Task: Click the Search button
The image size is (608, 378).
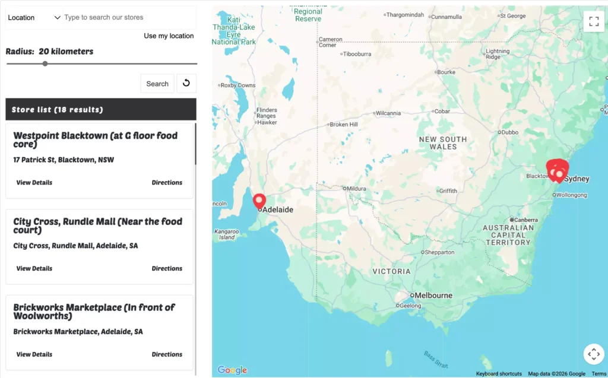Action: pos(157,84)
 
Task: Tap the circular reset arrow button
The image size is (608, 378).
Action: pos(186,83)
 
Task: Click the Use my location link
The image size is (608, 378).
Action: pos(169,36)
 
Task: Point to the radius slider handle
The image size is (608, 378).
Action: pos(45,63)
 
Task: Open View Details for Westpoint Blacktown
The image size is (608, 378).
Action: pos(34,183)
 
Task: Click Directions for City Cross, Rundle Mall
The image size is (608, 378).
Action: pos(167,269)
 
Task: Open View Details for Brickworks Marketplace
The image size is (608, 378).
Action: pos(34,355)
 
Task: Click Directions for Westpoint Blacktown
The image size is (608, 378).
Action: pos(167,183)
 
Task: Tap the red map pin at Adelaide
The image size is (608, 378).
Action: pos(259,201)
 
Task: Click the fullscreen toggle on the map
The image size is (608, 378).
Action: pos(593,22)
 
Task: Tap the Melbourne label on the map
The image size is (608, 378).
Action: pos(433,296)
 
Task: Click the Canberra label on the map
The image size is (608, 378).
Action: pos(525,220)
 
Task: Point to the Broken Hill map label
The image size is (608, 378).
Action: pos(344,125)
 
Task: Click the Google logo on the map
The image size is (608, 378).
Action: pos(232,370)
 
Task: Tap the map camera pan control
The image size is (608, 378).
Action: pos(593,354)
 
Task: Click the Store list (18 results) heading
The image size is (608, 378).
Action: pos(58,110)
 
